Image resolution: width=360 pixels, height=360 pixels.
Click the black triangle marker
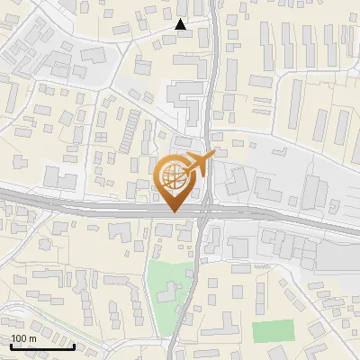pos(181,24)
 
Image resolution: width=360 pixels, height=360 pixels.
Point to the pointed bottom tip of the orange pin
pos(174,211)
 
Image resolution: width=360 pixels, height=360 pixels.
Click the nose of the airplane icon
pos(212,156)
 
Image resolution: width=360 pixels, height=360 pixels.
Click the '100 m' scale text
pos(23,338)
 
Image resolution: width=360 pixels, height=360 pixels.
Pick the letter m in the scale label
pos(32,338)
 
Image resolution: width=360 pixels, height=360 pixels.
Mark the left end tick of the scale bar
pos(11,345)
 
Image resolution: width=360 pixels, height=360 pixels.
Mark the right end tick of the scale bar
pos(74,345)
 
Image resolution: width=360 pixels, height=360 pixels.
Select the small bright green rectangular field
pos(273,330)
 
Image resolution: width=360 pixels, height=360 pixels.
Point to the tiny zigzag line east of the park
pos(263,267)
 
